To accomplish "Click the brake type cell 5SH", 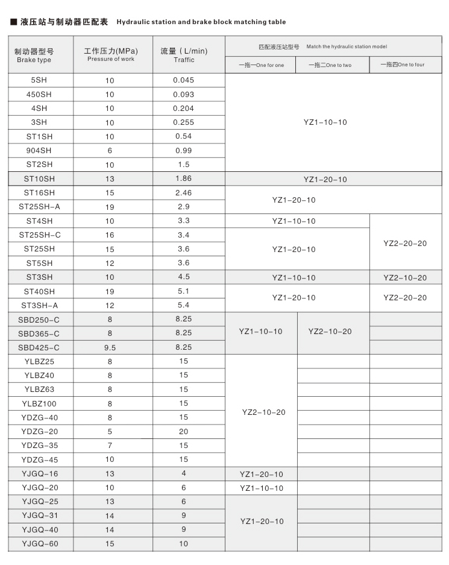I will click(40, 80).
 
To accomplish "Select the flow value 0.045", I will click(184, 80).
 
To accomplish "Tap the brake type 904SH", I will click(40, 150).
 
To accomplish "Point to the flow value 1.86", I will click(183, 178).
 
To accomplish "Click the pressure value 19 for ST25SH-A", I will click(110, 207).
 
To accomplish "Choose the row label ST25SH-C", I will click(40, 235).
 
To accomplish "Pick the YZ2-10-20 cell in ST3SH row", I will click(405, 277).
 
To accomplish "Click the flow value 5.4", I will click(183, 305).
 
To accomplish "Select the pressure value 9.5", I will click(110, 347).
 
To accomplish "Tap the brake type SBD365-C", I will click(40, 333).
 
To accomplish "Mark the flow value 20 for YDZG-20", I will click(183, 431).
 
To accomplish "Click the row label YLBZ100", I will click(40, 403).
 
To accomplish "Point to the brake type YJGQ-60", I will click(40, 544).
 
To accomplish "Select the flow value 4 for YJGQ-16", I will click(183, 473).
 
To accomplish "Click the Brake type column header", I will click(34, 55).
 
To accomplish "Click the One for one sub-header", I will click(261, 65).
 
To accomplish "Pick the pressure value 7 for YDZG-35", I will click(110, 446).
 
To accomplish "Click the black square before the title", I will click(13, 22).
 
